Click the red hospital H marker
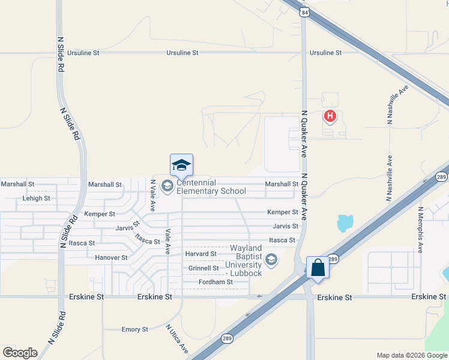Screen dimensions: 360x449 (329, 116)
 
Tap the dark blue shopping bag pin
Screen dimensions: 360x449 (318, 268)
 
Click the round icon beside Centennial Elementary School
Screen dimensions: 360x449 (167, 187)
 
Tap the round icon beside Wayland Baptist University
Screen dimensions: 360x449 (271, 260)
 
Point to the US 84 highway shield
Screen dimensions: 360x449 (306, 12)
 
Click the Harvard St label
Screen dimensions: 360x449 (200, 254)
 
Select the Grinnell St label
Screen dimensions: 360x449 (202, 268)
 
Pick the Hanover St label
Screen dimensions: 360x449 (111, 257)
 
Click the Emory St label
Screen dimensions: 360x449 (134, 329)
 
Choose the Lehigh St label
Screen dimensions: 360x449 (36, 198)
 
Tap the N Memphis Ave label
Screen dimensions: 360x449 (421, 230)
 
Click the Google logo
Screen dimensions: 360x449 (20, 353)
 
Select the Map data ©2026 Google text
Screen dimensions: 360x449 (411, 355)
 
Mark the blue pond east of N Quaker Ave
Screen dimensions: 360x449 (345, 223)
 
